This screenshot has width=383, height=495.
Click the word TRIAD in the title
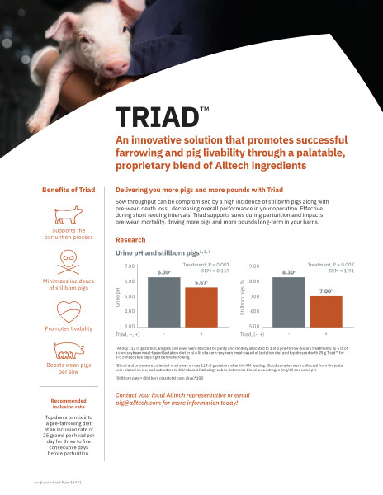click(156, 115)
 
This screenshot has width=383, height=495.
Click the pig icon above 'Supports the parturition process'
click(69, 216)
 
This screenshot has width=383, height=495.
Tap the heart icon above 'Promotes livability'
click(69, 311)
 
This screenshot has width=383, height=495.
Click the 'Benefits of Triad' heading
click(69, 191)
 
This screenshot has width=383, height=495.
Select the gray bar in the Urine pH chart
click(163, 302)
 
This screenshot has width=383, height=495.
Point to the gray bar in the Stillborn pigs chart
click(288, 302)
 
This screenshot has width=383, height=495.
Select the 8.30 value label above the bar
click(288, 271)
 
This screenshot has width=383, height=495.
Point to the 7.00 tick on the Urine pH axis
click(130, 266)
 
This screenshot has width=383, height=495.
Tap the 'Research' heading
click(131, 240)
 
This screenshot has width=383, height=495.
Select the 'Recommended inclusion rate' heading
click(69, 404)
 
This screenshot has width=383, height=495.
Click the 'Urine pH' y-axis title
click(119, 298)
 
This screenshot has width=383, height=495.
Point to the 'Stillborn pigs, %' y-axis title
click(243, 298)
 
